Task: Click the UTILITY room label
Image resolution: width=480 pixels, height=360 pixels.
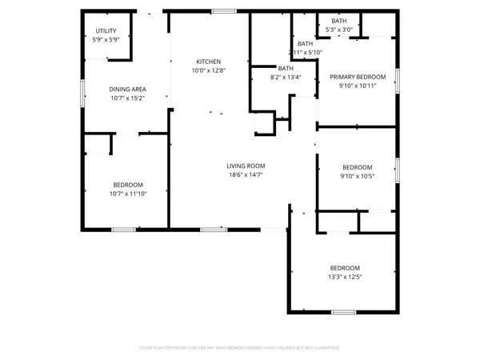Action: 97,30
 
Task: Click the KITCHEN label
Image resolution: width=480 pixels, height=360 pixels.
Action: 209,62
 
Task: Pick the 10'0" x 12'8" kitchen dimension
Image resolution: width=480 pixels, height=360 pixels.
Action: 209,70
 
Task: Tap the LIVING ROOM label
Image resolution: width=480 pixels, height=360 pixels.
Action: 246,166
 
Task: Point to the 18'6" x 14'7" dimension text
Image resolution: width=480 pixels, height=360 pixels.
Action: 246,174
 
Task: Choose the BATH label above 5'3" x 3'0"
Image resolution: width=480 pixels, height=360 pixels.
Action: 338,21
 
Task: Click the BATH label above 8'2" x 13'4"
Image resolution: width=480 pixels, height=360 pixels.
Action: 286,69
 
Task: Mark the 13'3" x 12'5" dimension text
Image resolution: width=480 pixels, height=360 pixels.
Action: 346,277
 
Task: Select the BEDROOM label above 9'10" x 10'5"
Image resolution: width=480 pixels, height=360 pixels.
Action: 357,167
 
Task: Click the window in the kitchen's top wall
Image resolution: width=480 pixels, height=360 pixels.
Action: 224,11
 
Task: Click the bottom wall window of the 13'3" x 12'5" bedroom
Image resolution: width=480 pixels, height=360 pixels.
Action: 343,310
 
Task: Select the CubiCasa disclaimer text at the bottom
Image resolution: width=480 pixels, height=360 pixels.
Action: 240,348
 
